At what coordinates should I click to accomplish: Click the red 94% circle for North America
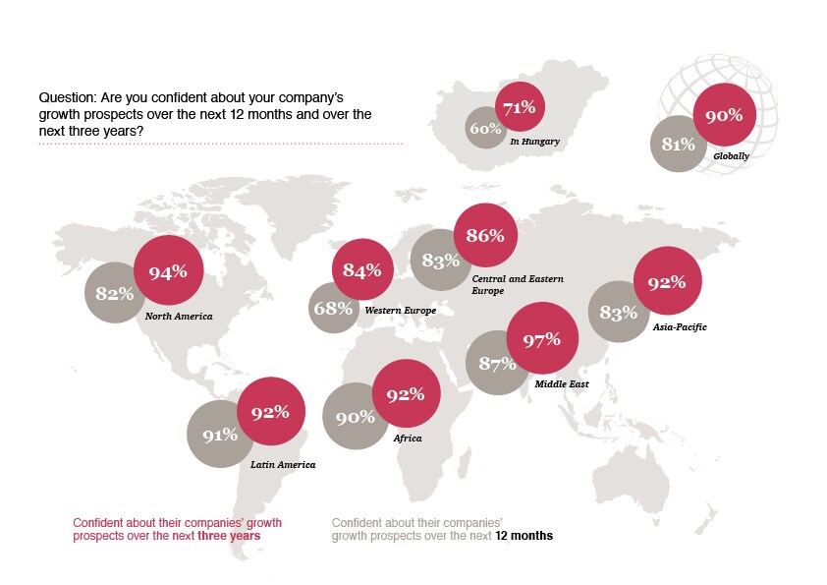(x=168, y=272)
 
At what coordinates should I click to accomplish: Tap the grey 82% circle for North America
(x=115, y=293)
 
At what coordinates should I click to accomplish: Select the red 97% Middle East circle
(x=541, y=339)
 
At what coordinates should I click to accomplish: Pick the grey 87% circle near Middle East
(x=497, y=363)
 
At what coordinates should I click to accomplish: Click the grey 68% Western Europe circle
(x=333, y=309)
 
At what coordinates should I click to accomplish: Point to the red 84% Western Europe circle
(x=361, y=270)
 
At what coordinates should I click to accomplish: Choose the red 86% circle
(x=485, y=235)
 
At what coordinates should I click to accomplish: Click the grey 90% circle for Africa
(x=356, y=417)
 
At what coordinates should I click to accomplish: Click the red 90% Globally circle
(x=723, y=116)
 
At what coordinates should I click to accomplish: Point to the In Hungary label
(x=534, y=142)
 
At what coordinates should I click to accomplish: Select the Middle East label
(x=562, y=383)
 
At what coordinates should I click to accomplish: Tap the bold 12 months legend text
(x=524, y=536)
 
